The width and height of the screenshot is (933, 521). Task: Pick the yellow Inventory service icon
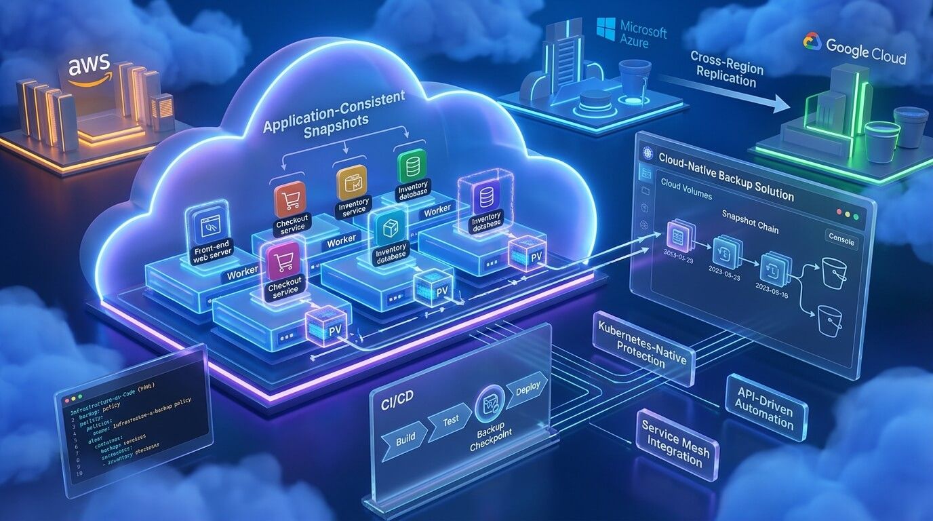(351, 182)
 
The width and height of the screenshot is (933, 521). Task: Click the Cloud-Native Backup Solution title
(726, 174)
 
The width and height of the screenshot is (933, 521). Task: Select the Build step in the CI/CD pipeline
(405, 439)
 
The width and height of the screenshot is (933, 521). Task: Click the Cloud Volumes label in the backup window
(686, 194)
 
